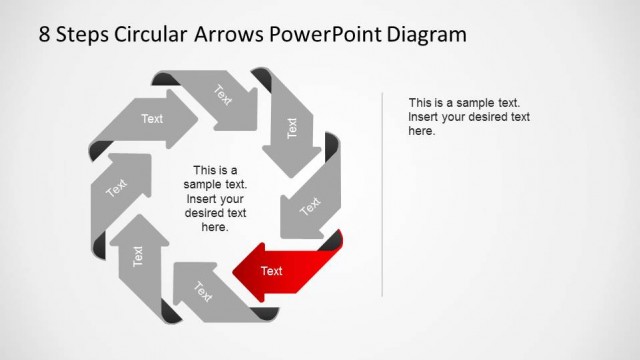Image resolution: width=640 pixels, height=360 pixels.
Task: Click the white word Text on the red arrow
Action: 271,271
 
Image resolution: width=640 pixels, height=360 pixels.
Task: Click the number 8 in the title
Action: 45,35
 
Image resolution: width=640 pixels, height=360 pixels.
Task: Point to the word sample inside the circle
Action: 205,184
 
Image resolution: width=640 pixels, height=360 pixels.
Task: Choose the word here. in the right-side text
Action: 421,131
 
